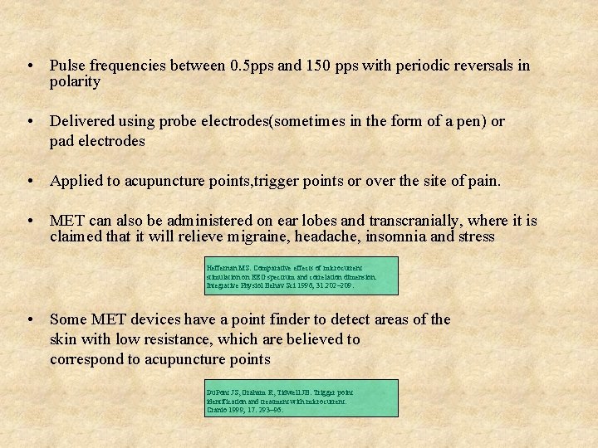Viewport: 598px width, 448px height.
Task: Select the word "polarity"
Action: click(x=75, y=82)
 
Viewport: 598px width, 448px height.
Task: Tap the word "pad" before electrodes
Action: click(x=61, y=141)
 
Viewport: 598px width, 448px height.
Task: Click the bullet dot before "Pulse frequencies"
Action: click(x=29, y=66)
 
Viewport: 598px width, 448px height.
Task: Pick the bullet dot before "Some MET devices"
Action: click(x=29, y=319)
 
